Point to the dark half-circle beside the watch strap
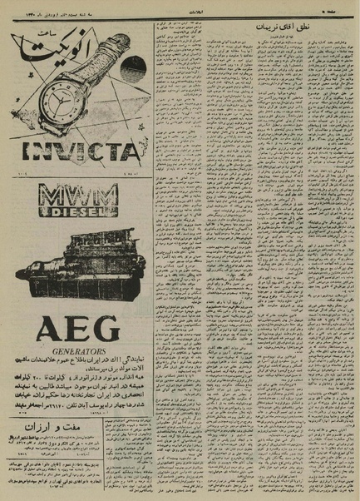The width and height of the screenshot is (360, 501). (x=131, y=69)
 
